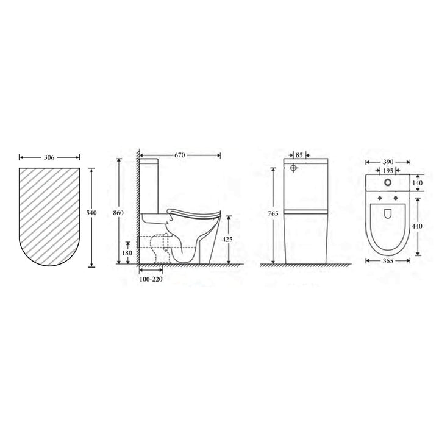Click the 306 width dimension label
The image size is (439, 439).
(x=49, y=157)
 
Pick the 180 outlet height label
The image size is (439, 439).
(x=127, y=252)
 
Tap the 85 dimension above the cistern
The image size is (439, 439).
(x=299, y=155)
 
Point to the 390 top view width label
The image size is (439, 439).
(x=388, y=162)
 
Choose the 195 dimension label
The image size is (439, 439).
(x=388, y=171)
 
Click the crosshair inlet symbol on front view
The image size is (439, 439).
(x=294, y=168)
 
